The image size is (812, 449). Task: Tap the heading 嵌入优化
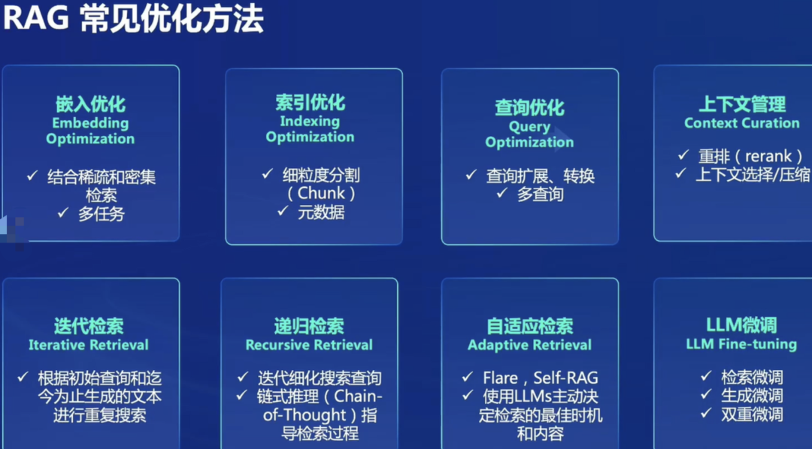(90, 104)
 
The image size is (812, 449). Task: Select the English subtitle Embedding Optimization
(90, 131)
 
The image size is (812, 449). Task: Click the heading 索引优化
(310, 102)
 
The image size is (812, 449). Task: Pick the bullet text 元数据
(321, 212)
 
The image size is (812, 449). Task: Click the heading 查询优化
(529, 107)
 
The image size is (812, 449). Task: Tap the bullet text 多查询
(541, 194)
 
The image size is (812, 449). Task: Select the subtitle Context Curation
(741, 123)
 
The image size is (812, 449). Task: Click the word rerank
(768, 156)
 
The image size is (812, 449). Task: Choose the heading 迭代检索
(89, 326)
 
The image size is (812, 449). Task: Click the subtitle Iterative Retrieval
(89, 345)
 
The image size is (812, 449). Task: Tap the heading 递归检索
(309, 326)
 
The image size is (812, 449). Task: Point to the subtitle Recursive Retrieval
(309, 345)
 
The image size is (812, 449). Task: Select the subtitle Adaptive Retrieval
(529, 345)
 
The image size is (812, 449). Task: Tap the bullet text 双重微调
(752, 414)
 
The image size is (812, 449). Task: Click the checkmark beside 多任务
(63, 213)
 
